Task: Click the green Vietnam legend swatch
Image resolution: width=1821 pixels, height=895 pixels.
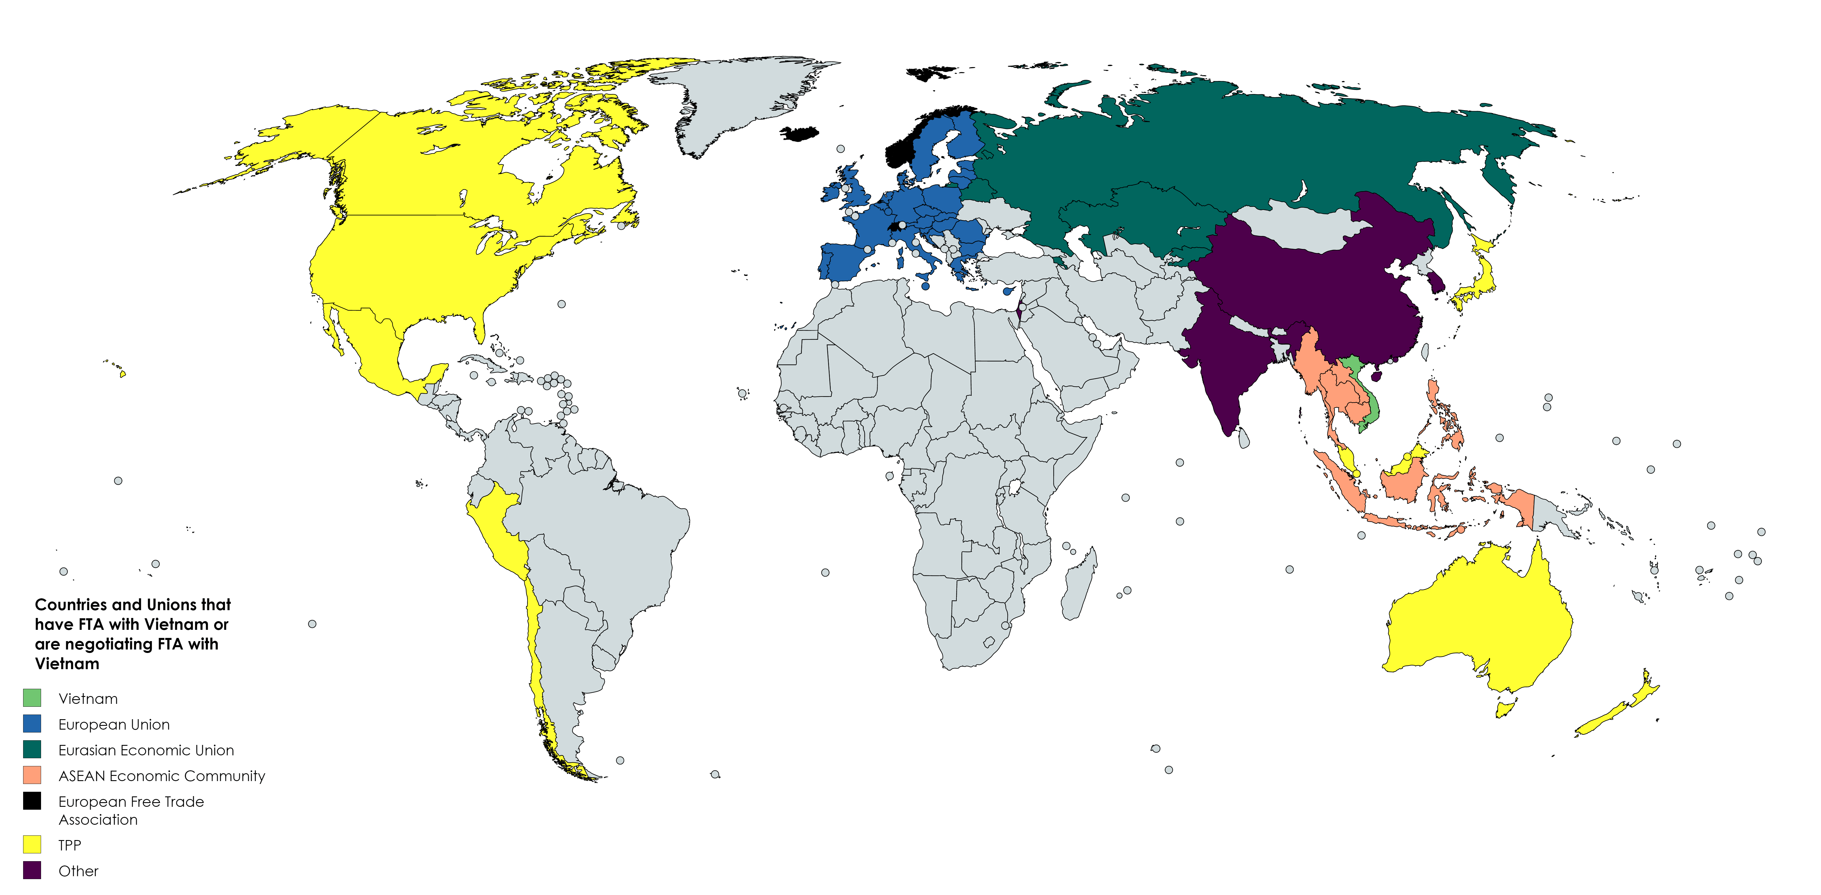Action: [32, 698]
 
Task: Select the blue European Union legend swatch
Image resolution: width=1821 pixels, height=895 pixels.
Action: [32, 723]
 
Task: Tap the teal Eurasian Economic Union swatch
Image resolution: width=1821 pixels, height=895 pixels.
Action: [32, 749]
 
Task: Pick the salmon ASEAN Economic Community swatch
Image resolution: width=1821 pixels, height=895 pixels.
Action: [32, 775]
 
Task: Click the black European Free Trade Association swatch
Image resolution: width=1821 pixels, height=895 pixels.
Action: [32, 801]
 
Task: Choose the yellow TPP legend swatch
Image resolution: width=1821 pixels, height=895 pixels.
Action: [32, 844]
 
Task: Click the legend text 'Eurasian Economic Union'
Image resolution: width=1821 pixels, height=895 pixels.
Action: [146, 750]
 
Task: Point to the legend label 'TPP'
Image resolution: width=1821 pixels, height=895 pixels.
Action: [69, 845]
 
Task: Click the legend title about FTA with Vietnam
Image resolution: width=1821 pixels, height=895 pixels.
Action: [132, 633]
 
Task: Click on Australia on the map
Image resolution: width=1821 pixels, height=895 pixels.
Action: [1477, 622]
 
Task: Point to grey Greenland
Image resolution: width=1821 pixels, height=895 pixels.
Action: [735, 99]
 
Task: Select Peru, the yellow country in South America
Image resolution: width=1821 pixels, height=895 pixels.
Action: [495, 523]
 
